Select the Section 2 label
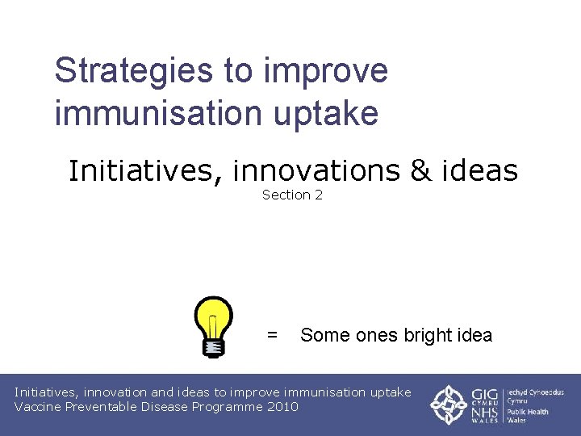(292, 195)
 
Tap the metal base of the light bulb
(213, 347)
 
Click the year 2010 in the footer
(282, 407)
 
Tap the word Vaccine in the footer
(38, 407)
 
